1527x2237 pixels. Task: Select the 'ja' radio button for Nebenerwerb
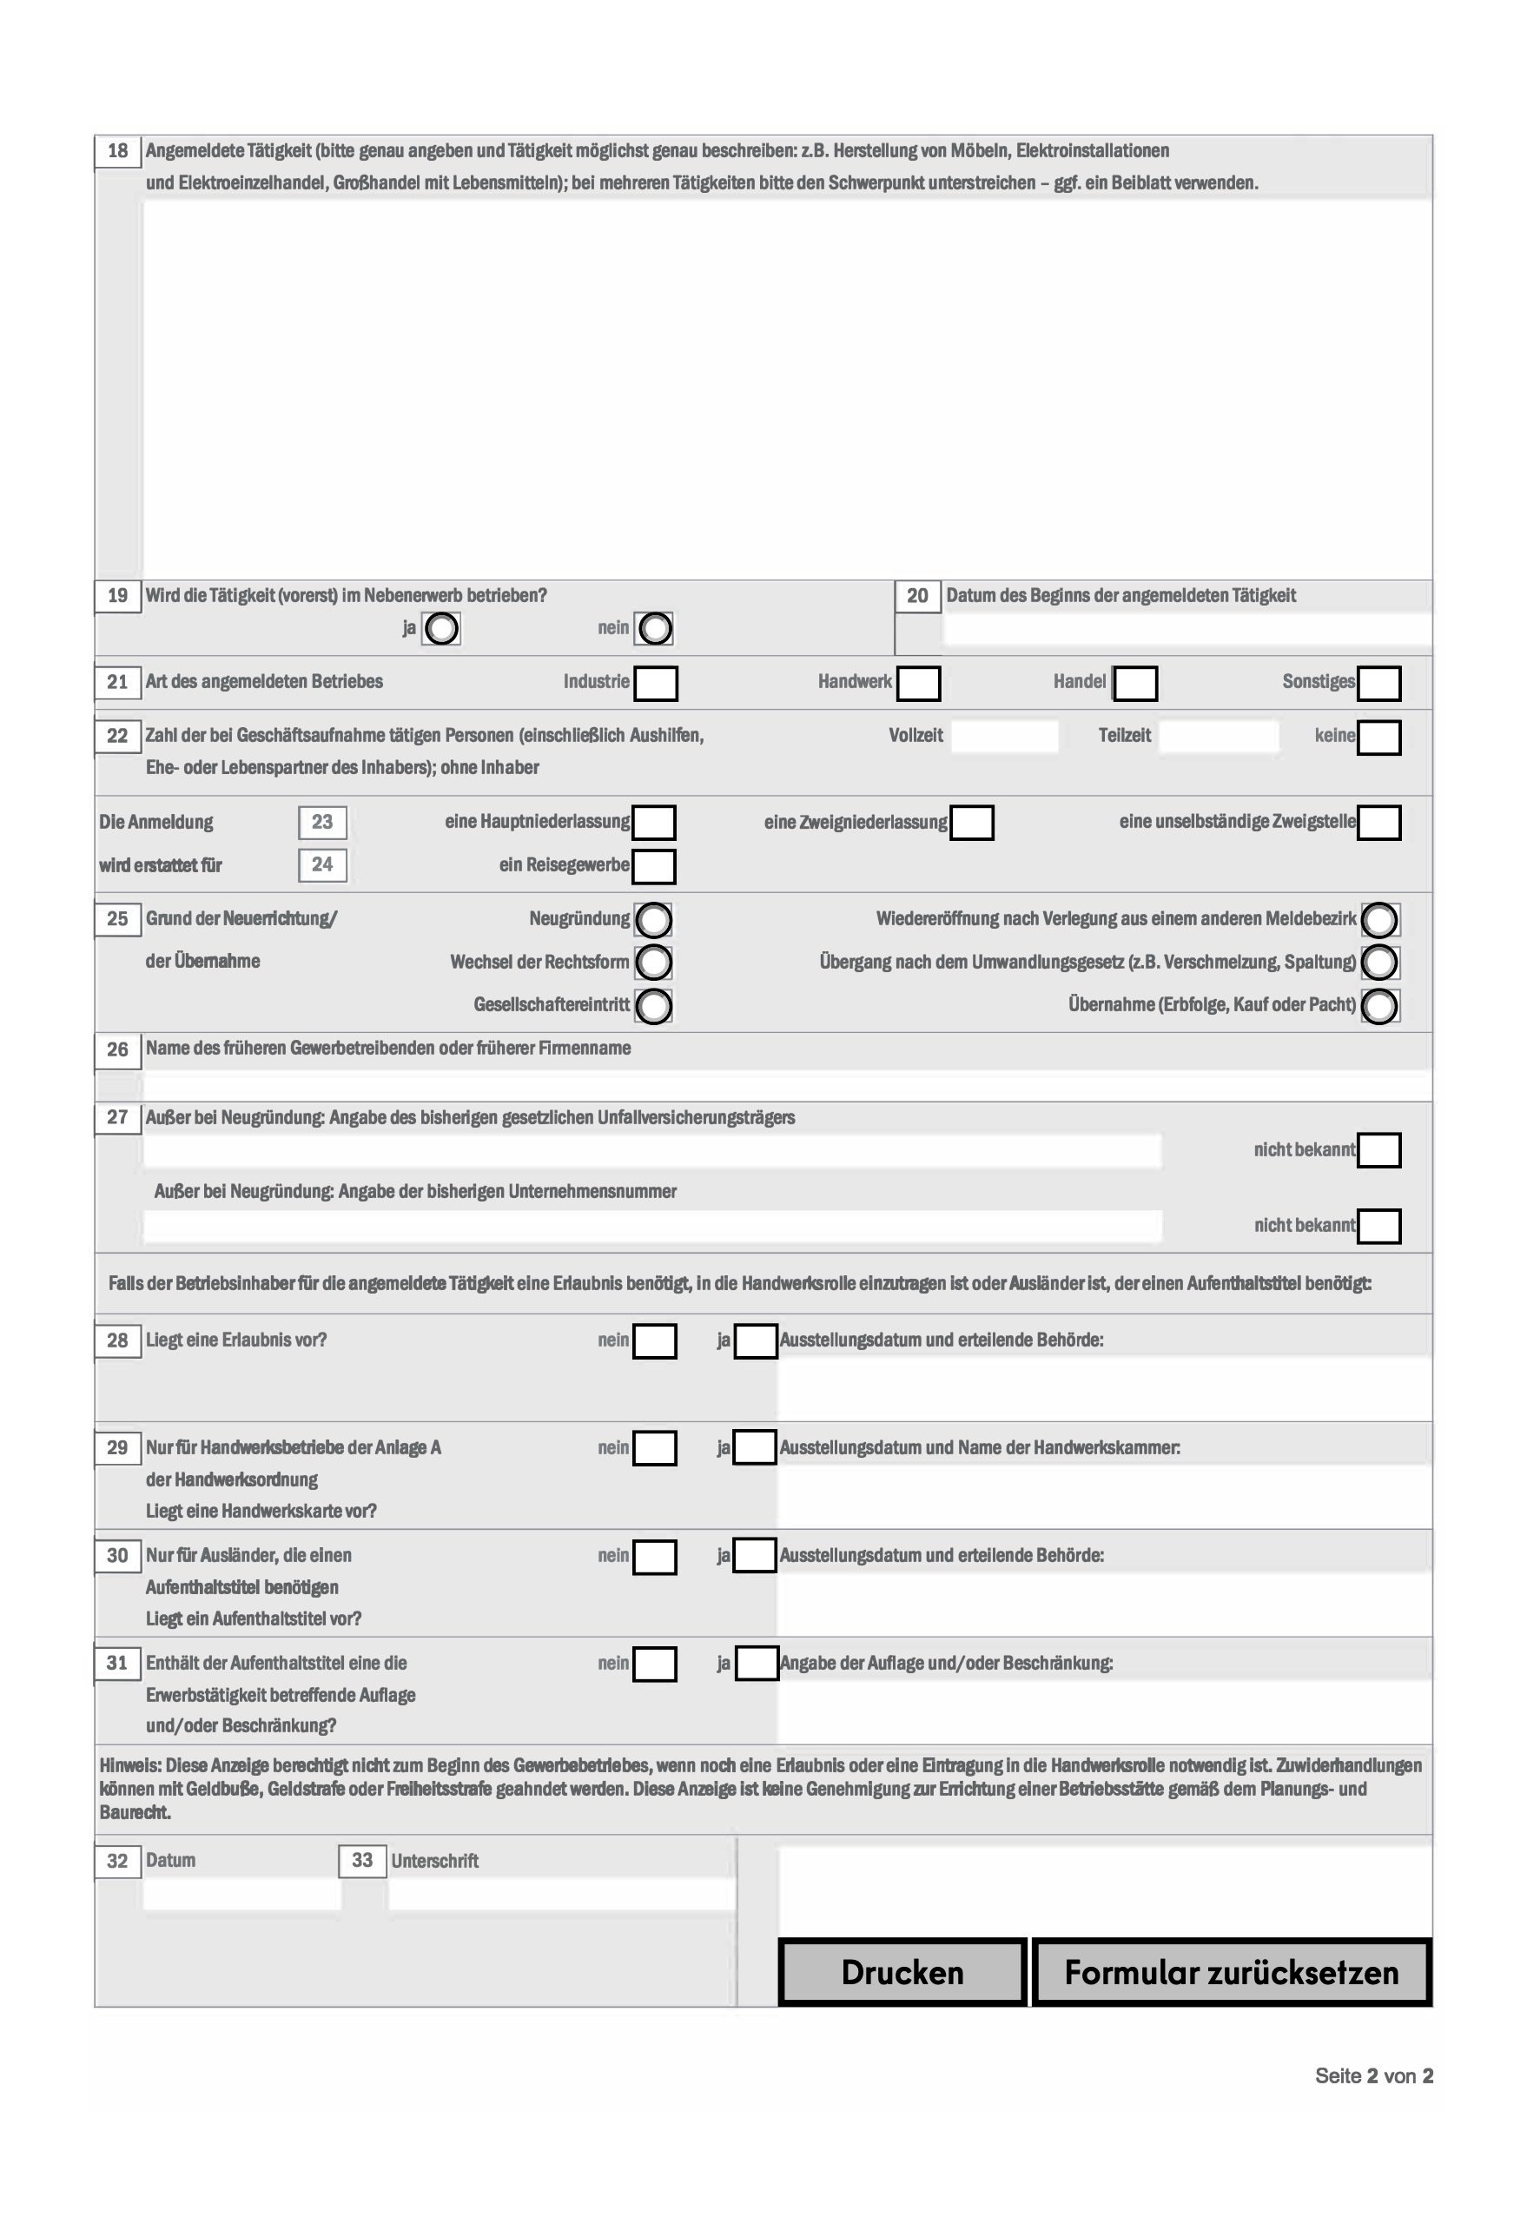click(x=441, y=630)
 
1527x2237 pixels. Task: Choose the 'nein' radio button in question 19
click(x=654, y=630)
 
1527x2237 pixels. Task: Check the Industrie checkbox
click(x=655, y=684)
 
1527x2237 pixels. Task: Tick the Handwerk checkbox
click(x=918, y=684)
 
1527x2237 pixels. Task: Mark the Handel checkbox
click(x=1134, y=684)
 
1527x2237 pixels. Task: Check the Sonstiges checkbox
click(x=1378, y=684)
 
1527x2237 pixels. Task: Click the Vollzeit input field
click(x=1003, y=737)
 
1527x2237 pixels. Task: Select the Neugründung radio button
click(x=654, y=920)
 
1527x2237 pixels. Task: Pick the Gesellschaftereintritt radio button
click(x=654, y=1006)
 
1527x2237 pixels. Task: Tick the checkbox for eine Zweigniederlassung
click(x=971, y=823)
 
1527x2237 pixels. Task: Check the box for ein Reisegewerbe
click(x=654, y=866)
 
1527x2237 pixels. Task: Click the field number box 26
click(x=117, y=1049)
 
